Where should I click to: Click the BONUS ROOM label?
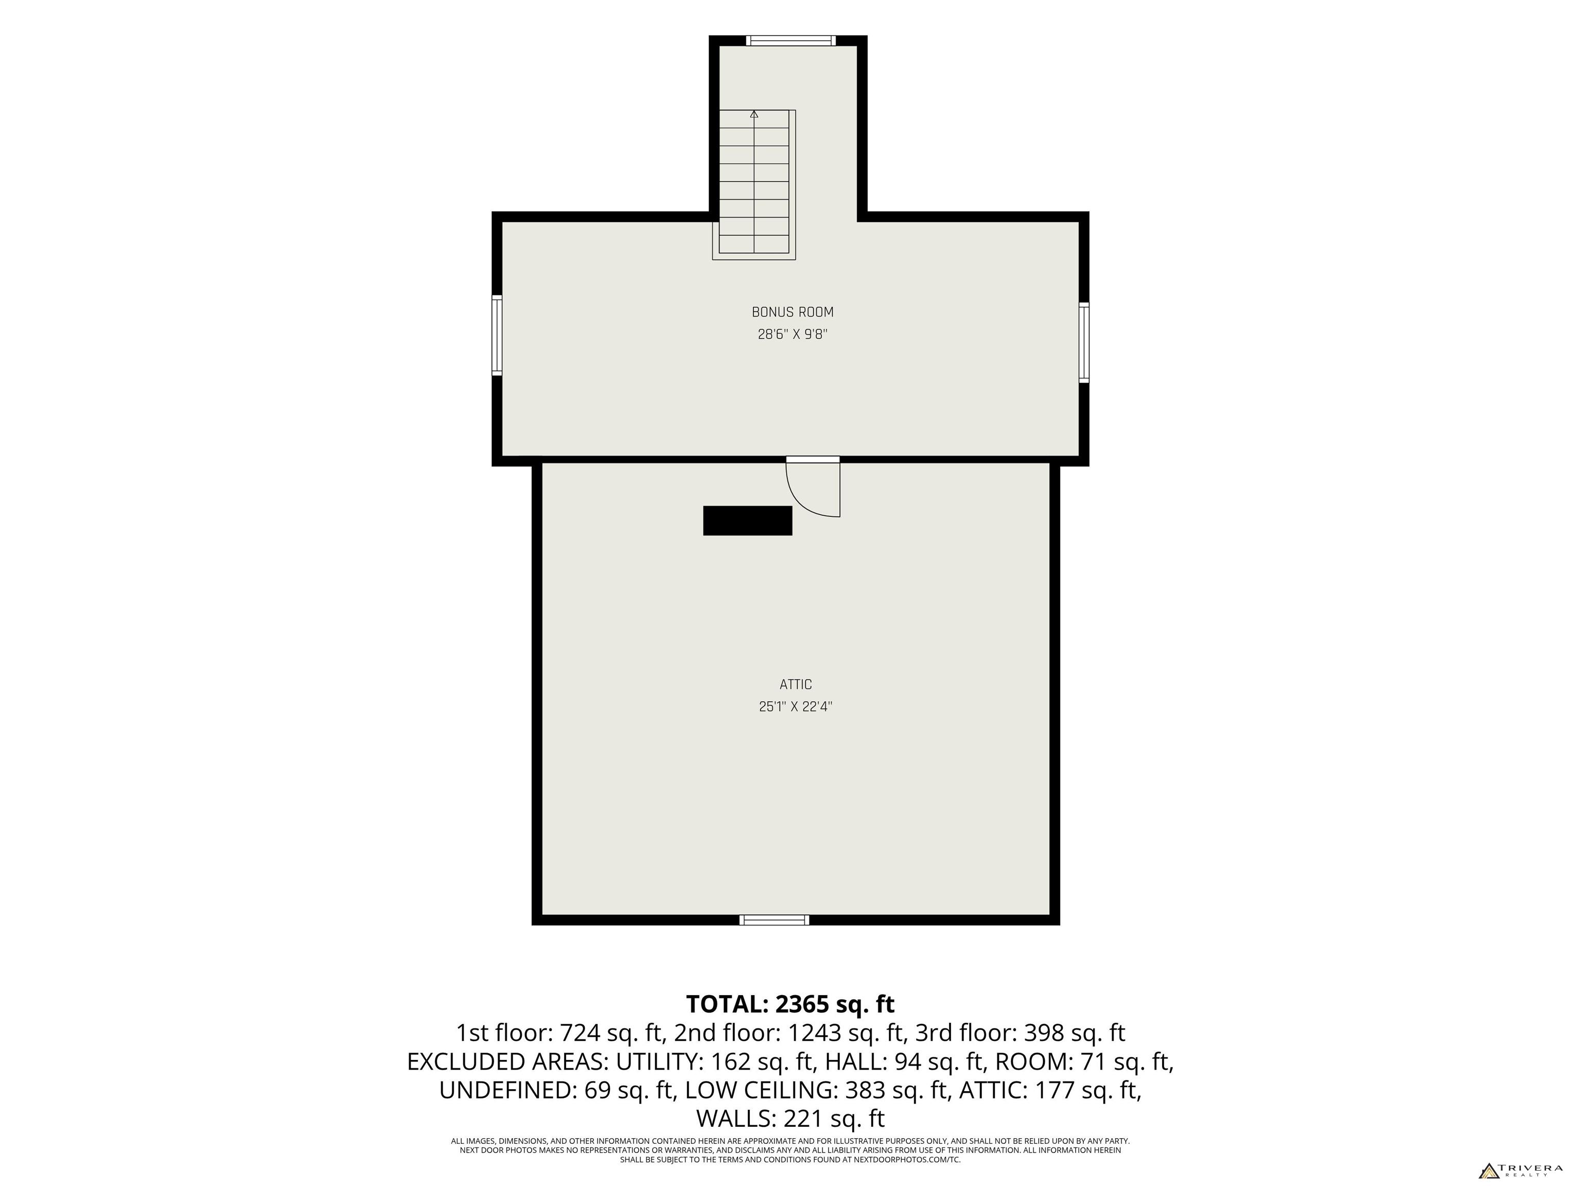point(792,312)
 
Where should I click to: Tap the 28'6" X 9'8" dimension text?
point(792,334)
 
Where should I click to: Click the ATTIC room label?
point(796,684)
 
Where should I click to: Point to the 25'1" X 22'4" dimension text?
point(796,706)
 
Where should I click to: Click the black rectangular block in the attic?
point(748,520)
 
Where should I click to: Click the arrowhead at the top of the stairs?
point(754,113)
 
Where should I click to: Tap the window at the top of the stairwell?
point(791,41)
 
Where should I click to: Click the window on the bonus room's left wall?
point(497,335)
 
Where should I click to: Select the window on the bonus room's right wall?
point(1084,342)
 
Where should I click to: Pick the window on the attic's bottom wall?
point(775,920)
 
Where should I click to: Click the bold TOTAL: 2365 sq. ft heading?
point(790,1004)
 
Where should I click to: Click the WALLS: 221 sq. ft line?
point(790,1118)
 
